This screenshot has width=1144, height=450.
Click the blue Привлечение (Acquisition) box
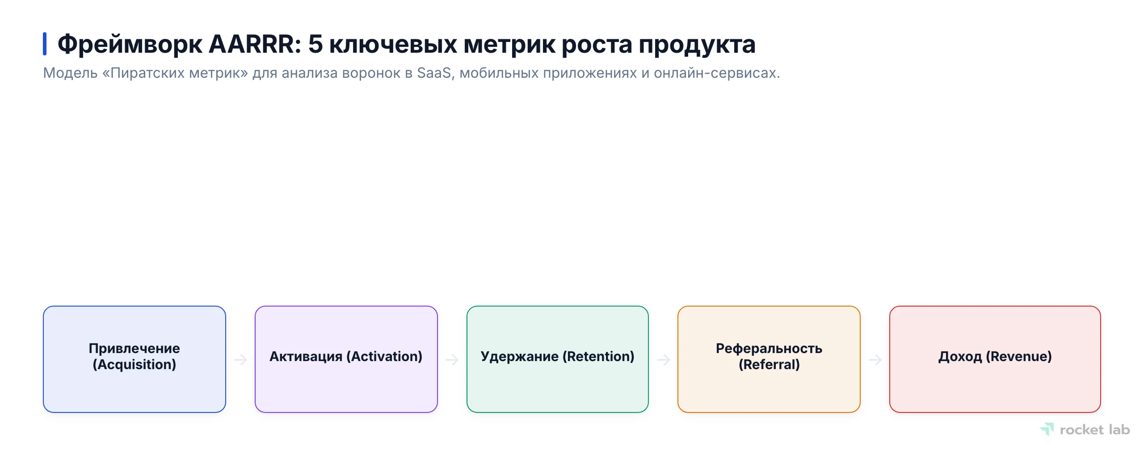tap(134, 359)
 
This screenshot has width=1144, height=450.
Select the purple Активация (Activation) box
tap(346, 359)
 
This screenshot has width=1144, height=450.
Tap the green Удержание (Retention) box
tap(557, 359)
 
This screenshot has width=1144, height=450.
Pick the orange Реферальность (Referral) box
tap(769, 359)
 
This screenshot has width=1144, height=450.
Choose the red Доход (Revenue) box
tap(995, 359)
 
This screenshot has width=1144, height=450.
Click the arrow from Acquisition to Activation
tap(240, 360)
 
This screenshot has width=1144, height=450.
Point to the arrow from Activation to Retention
tap(452, 360)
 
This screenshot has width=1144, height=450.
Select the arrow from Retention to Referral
tap(664, 360)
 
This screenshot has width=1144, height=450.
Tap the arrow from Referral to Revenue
tap(875, 360)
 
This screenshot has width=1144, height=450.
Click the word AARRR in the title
tap(255, 44)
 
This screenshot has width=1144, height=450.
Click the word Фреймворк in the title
tap(130, 44)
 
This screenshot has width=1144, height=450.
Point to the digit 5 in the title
tap(315, 44)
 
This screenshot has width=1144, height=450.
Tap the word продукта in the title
tap(697, 44)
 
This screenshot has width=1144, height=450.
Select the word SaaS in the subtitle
tap(434, 73)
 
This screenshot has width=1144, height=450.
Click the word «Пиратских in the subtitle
tap(143, 73)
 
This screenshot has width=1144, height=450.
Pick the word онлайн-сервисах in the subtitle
tap(716, 73)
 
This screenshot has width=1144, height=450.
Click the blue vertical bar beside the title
tap(45, 44)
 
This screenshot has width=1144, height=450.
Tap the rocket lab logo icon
tap(1047, 429)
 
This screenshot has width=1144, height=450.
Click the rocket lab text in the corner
tap(1094, 430)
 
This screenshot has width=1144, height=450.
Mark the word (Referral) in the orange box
tap(769, 365)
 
